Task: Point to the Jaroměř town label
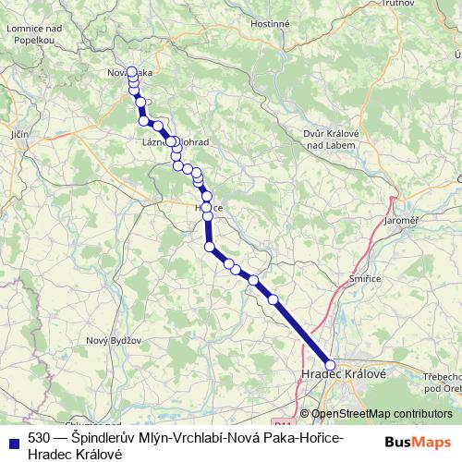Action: [x=402, y=222]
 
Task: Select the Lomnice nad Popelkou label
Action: [x=34, y=36]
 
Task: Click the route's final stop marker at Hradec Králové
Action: [x=331, y=365]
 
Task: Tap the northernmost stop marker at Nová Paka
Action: [x=132, y=71]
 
